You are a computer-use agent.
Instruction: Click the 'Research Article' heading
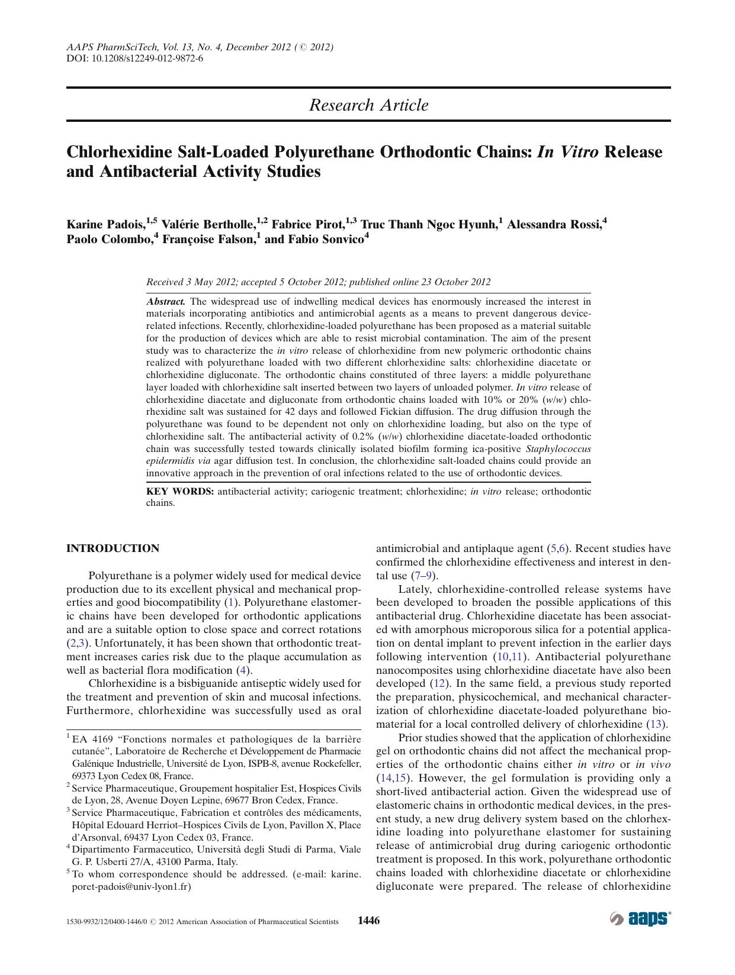(368, 105)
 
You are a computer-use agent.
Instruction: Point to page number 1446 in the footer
(368, 921)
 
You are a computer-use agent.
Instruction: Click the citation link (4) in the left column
(243, 670)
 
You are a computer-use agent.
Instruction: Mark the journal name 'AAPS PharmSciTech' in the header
(105, 47)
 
